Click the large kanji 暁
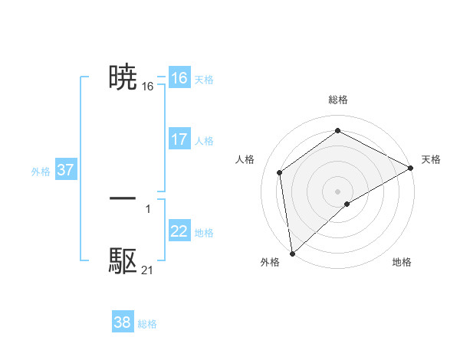(x=123, y=77)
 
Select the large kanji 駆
(x=123, y=261)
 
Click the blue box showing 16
(x=179, y=78)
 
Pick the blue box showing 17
(x=179, y=139)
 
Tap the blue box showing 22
(x=179, y=231)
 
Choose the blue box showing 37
(x=65, y=170)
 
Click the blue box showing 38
(x=123, y=322)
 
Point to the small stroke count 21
(x=147, y=270)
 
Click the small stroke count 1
(x=147, y=208)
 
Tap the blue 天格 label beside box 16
(x=204, y=80)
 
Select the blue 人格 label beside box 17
(x=204, y=141)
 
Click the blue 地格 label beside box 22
(x=204, y=233)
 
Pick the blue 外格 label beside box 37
(x=41, y=172)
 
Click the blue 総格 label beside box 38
(x=147, y=324)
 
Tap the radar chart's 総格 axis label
(x=338, y=100)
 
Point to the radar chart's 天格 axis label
(x=431, y=159)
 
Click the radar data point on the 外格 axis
(x=291, y=253)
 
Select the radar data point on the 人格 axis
(x=280, y=172)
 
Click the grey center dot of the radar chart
(x=337, y=191)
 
